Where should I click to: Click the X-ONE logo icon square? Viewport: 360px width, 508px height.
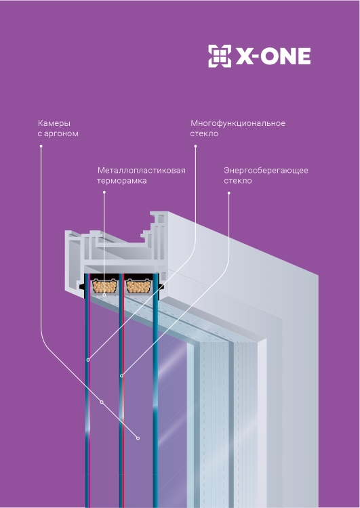(220, 56)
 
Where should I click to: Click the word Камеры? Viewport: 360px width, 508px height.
(54, 123)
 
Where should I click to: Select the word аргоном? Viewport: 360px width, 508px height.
(61, 134)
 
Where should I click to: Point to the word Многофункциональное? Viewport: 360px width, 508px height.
(238, 123)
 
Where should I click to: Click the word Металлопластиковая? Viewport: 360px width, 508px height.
(142, 171)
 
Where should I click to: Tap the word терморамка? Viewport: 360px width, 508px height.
(121, 181)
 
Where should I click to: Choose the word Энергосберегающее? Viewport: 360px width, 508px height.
(266, 171)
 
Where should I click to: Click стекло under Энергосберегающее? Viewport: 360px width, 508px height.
(238, 181)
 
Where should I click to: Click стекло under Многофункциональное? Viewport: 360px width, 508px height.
(204, 134)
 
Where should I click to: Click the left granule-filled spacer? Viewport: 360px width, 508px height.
(104, 287)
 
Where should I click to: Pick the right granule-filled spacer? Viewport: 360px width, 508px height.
(138, 287)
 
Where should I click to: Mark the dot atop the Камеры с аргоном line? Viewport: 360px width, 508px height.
(41, 146)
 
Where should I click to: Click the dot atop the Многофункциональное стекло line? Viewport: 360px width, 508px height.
(195, 146)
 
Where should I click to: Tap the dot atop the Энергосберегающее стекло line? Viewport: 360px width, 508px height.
(228, 193)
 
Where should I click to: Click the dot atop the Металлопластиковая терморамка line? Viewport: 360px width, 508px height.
(104, 192)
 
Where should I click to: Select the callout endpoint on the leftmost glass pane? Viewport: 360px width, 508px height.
(88, 360)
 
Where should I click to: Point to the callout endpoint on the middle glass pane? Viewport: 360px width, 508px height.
(121, 376)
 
